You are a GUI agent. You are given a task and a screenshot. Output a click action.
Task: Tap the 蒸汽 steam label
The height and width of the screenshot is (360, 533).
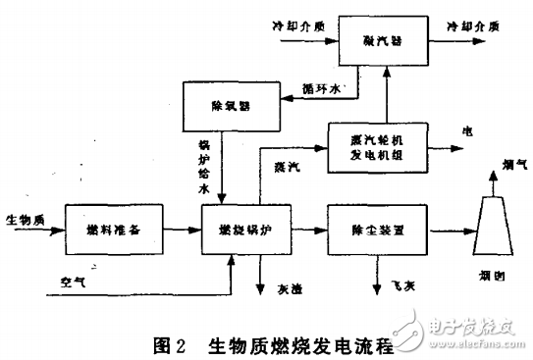(288, 167)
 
